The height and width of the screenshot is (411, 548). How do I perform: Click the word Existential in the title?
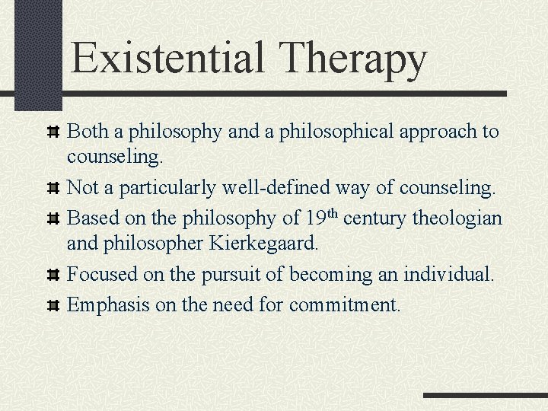click(x=169, y=58)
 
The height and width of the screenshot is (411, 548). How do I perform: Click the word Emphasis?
click(x=102, y=305)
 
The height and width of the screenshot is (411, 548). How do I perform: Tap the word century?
click(x=376, y=219)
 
